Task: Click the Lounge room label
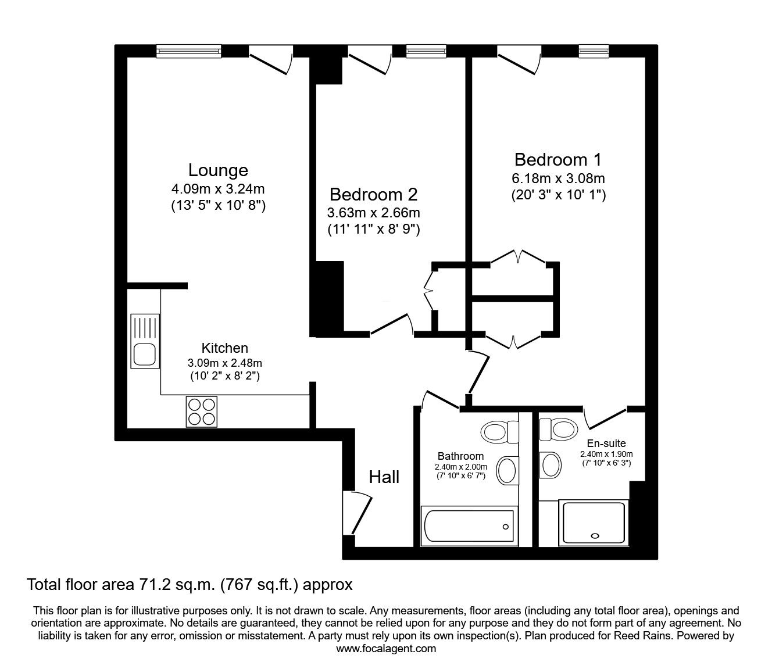pos(218,170)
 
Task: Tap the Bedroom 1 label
pos(557,159)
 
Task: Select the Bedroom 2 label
pos(373,194)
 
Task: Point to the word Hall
pos(384,477)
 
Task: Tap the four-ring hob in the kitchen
pos(202,412)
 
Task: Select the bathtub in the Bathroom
pos(469,527)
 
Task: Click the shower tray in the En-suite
pos(592,523)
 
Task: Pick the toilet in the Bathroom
pos(499,432)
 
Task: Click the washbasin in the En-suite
pos(551,464)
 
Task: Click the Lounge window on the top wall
pos(189,52)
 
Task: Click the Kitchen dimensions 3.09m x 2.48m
pos(224,363)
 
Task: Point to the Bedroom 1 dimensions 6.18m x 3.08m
pos(558,178)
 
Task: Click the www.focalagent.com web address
pos(386,649)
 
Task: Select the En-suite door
pos(605,417)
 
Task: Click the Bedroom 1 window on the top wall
pos(594,52)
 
